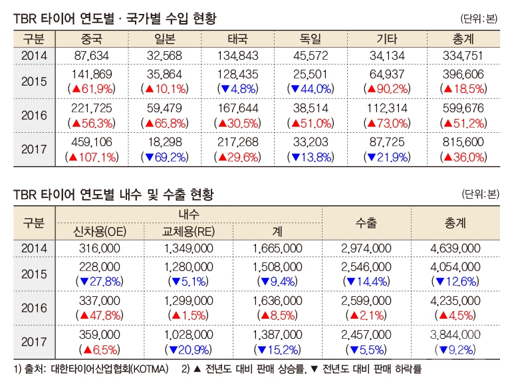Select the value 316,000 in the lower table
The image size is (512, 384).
[98, 248]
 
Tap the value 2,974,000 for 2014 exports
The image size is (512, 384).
[366, 248]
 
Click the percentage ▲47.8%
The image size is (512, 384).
[98, 314]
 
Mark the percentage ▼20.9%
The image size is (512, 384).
[188, 349]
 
